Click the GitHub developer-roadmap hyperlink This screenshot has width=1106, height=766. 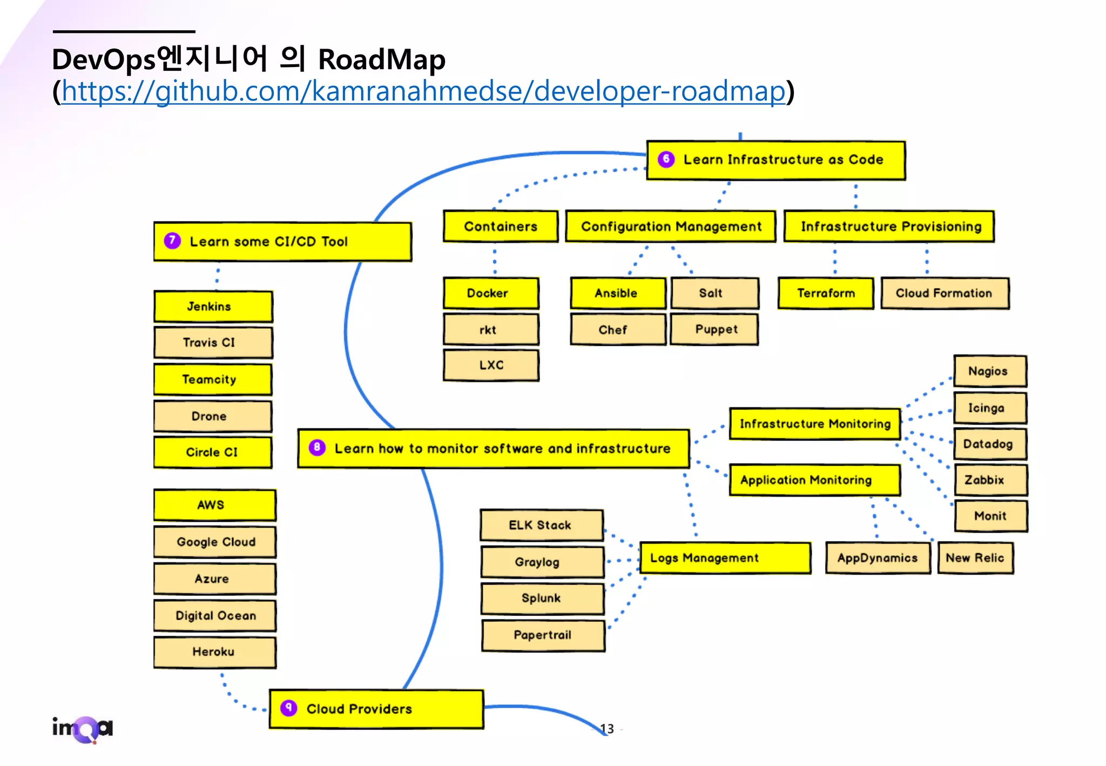[x=423, y=91]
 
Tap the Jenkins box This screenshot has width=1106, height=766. [x=213, y=306]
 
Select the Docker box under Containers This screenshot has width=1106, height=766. [x=490, y=293]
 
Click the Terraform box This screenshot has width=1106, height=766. [x=826, y=293]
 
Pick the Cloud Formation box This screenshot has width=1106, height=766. [x=944, y=293]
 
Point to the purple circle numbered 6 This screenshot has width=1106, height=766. [x=666, y=159]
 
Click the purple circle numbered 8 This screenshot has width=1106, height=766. [x=317, y=447]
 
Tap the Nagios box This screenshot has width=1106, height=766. [x=989, y=371]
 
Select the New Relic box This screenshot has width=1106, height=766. [x=975, y=558]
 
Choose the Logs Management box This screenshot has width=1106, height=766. [x=724, y=558]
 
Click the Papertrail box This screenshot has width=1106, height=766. [x=543, y=635]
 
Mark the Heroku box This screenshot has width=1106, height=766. [x=214, y=652]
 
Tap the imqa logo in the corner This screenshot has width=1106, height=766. [x=83, y=729]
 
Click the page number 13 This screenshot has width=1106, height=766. [x=607, y=729]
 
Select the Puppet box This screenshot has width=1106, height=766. [x=714, y=330]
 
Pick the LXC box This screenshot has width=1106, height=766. [x=490, y=366]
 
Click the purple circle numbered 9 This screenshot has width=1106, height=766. [x=289, y=708]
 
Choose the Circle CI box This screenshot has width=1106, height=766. [x=212, y=452]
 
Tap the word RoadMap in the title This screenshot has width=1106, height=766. [x=381, y=59]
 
